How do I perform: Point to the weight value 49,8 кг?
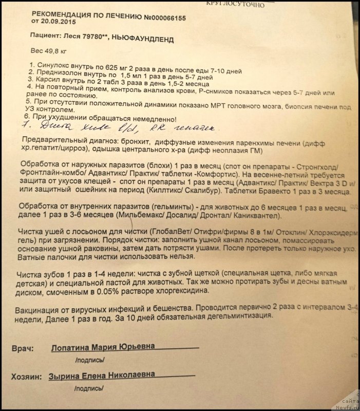tap(51, 51)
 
